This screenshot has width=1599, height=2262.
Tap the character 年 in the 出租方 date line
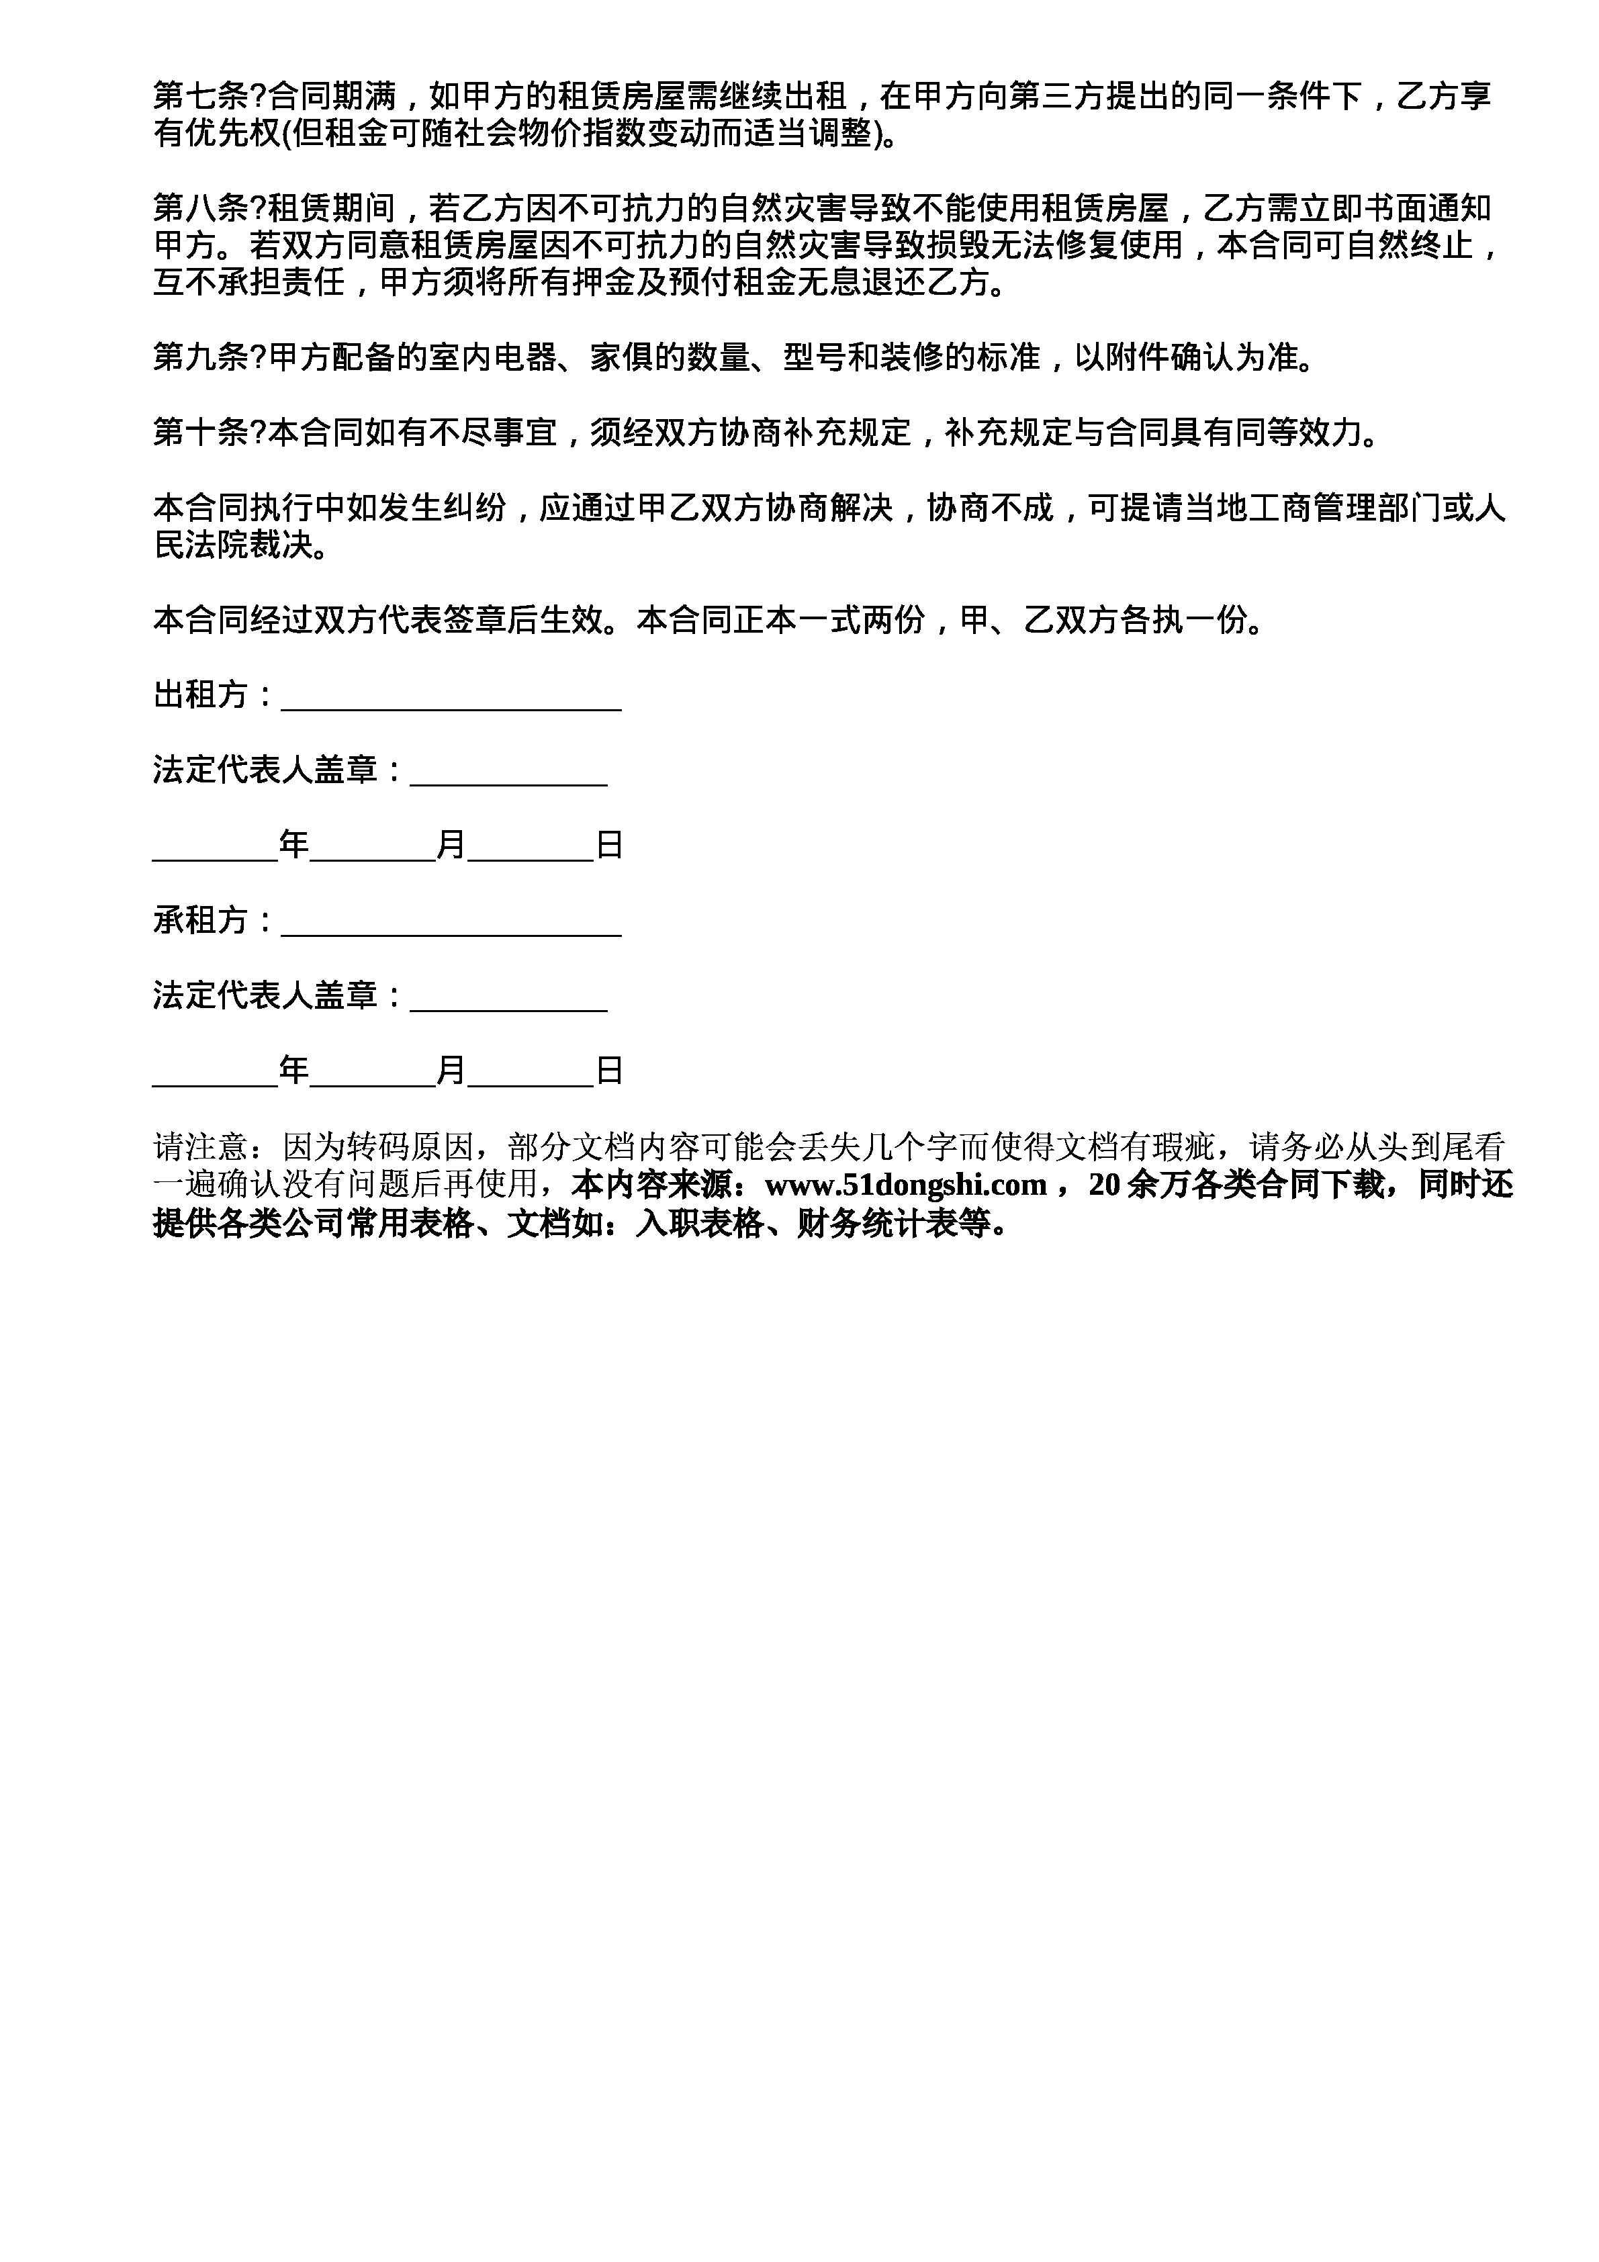293,846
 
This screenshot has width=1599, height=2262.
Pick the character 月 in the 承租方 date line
451,1071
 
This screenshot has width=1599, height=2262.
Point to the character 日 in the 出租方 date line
610,846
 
